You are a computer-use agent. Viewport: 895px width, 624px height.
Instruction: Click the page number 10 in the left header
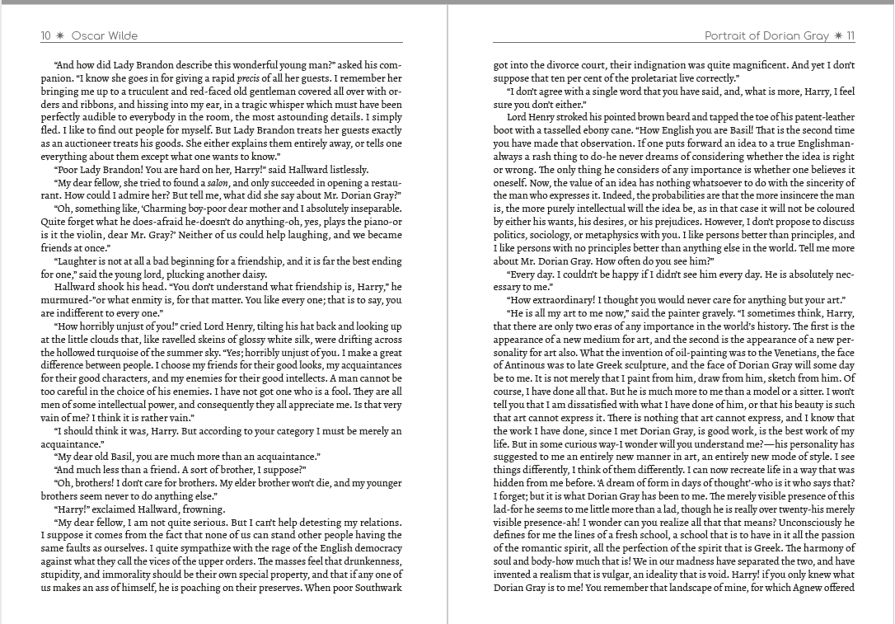pos(46,35)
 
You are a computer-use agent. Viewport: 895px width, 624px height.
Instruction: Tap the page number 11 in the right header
pos(850,35)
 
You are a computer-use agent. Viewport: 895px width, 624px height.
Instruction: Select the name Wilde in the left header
pos(121,35)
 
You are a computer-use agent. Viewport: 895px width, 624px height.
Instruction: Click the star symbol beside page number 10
pos(60,35)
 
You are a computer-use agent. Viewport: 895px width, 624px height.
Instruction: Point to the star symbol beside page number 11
pos(837,35)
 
